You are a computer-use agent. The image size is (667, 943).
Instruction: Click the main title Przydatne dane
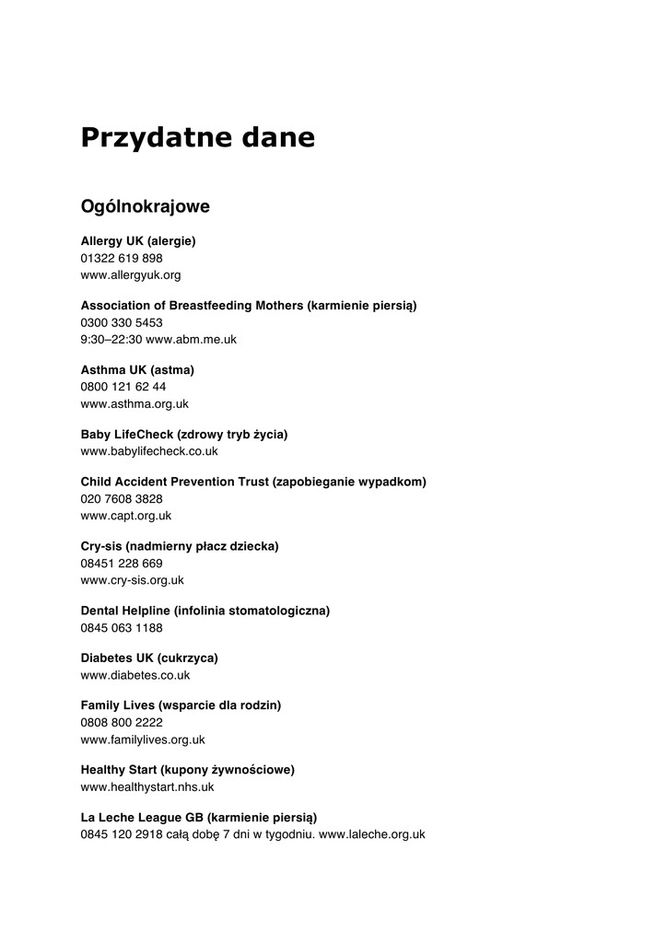tap(197, 138)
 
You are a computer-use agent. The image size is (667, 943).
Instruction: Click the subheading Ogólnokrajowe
tap(146, 207)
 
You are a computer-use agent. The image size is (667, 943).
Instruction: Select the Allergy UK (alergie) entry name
tap(138, 241)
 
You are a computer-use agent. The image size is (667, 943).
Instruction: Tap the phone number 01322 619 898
tap(122, 258)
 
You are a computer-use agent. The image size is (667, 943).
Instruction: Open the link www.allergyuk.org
tap(131, 274)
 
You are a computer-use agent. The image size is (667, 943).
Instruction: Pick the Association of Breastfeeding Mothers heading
tap(249, 306)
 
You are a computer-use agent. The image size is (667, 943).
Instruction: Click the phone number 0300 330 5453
tap(122, 322)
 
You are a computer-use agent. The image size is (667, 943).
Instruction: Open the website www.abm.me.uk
tap(192, 339)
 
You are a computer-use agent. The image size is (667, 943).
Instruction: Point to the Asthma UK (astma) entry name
tap(137, 370)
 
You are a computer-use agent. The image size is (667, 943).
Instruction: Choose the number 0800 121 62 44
tap(123, 387)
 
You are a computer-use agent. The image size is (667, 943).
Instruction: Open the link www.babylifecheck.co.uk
tap(149, 451)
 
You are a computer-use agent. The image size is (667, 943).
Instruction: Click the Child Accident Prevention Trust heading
tap(253, 482)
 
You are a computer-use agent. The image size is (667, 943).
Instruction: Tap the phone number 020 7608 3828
tap(122, 498)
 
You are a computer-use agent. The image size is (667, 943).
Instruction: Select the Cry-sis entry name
tap(180, 546)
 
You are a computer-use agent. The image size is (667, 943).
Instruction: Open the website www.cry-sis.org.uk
tap(133, 580)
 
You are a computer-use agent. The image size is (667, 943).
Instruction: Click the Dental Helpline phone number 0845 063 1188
tap(122, 628)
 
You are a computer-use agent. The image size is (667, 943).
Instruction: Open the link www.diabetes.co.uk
tap(135, 675)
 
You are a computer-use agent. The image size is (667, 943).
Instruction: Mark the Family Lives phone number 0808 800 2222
tap(122, 723)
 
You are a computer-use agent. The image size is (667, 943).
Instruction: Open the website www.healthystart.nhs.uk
tap(147, 787)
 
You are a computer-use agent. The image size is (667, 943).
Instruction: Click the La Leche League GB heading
tap(199, 817)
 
